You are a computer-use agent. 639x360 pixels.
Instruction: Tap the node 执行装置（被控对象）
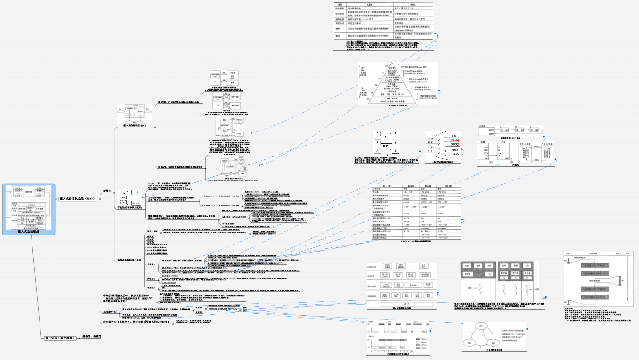click(x=59, y=337)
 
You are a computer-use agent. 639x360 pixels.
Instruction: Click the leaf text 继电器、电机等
click(x=92, y=337)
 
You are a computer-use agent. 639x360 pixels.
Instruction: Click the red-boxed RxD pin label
click(x=455, y=141)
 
